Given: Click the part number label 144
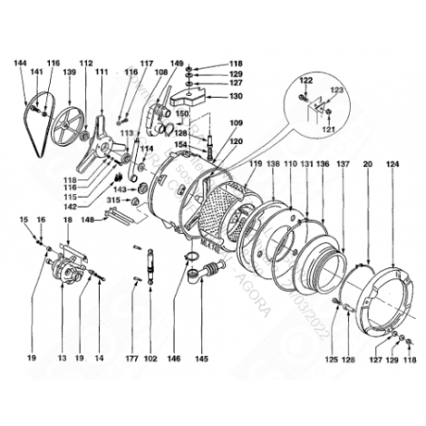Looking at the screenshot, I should point(20,63).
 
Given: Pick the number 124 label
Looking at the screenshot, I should point(392,164).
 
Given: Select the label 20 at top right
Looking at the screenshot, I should point(368,164).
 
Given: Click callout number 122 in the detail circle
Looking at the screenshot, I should point(305,81).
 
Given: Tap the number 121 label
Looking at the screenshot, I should point(329,130).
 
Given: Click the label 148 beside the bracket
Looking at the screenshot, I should point(87,219).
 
